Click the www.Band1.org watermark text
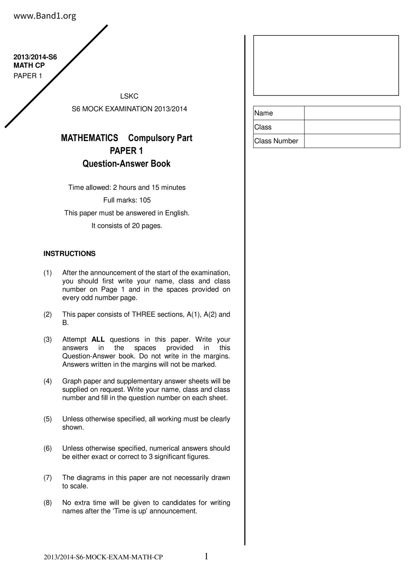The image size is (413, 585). tap(45, 16)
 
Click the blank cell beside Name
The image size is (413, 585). tap(352, 113)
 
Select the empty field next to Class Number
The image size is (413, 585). tap(352, 141)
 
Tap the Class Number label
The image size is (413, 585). tap(276, 141)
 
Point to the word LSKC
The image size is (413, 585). tap(129, 96)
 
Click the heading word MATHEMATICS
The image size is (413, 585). tap(89, 138)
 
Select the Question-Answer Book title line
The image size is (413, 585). tap(127, 164)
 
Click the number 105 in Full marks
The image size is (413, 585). tap(145, 200)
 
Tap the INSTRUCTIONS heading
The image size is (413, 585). tap(69, 253)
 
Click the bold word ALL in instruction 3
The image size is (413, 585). tap(98, 340)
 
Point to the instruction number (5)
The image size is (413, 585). tap(48, 419)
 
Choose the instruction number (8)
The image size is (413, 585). tap(48, 503)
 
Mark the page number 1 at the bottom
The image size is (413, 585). tap(206, 556)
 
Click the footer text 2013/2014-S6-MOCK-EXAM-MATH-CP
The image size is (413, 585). tap(103, 557)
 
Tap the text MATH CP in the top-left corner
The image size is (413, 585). tap(29, 65)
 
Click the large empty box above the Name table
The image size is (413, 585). tap(326, 65)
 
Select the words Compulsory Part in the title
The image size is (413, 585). tap(160, 138)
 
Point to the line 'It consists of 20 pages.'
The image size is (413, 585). tap(127, 226)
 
